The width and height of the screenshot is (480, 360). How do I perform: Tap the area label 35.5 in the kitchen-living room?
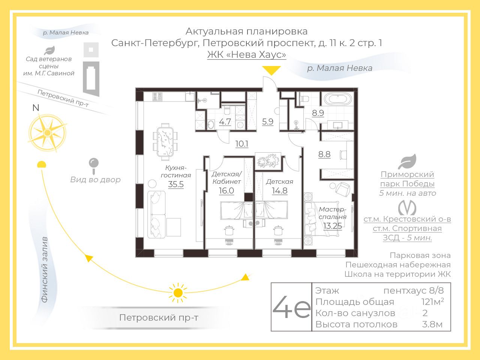[x=176, y=184]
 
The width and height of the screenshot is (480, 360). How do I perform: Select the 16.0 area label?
[x=226, y=190]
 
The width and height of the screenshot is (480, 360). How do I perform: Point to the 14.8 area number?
[x=280, y=190]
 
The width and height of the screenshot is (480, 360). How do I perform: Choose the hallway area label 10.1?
[x=242, y=144]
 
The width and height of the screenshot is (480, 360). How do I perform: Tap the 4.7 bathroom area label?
[x=225, y=122]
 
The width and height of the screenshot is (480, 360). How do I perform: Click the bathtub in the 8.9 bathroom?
[x=338, y=99]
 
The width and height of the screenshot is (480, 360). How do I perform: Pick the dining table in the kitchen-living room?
[x=165, y=141]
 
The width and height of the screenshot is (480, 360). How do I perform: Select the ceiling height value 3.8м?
[x=432, y=324]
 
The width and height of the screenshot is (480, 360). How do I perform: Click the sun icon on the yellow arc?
[x=178, y=292]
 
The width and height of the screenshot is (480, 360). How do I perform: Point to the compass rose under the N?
[x=47, y=132]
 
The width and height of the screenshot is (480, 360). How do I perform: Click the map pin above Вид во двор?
[x=93, y=164]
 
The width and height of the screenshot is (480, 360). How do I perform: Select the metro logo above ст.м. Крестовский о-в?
[x=407, y=207]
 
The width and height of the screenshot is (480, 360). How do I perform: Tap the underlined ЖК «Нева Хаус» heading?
[x=247, y=55]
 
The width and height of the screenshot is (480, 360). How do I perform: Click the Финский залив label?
[x=45, y=270]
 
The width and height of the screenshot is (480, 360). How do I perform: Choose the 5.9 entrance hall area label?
[x=268, y=121]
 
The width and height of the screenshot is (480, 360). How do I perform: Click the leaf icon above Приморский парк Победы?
[x=407, y=161]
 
